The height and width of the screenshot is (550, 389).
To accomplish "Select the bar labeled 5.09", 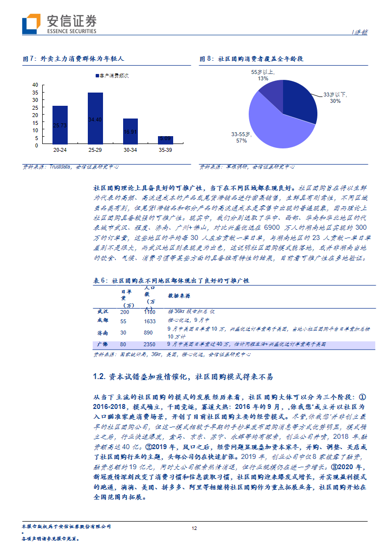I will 165,140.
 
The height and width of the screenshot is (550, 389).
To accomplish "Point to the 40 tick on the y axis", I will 35,85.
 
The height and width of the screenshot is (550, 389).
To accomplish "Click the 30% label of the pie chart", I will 335,101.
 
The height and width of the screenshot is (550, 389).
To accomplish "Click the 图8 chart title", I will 252,59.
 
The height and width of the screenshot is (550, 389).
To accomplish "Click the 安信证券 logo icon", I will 31,23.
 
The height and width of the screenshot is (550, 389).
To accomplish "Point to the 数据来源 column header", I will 179,296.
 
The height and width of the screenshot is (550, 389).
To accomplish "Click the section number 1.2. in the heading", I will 101,377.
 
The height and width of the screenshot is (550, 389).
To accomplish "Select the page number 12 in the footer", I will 194,528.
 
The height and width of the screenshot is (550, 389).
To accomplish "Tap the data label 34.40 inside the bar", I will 95,120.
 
